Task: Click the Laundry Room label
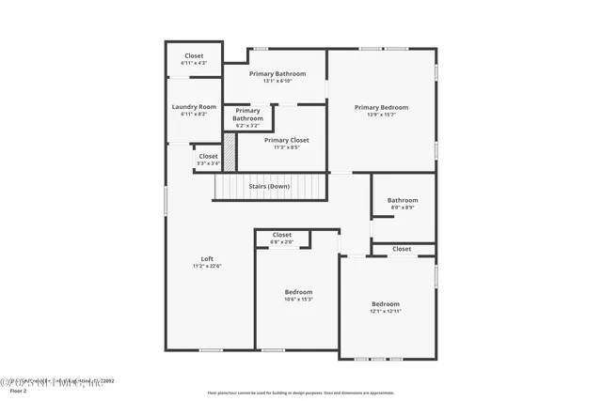click(194, 107)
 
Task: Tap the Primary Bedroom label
click(381, 107)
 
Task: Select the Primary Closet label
click(286, 140)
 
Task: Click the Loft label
click(207, 259)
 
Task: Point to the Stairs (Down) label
click(269, 186)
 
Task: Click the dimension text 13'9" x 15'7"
click(381, 115)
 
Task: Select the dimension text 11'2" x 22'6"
click(207, 267)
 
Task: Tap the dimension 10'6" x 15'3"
click(298, 300)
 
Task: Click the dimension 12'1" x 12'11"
click(385, 312)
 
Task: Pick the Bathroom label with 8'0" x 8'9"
click(403, 200)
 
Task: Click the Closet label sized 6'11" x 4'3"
click(194, 55)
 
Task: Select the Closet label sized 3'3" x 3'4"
click(208, 156)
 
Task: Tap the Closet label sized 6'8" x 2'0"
click(282, 235)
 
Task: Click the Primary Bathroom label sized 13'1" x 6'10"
click(277, 73)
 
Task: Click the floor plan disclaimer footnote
click(301, 393)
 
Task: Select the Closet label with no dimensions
click(402, 249)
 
